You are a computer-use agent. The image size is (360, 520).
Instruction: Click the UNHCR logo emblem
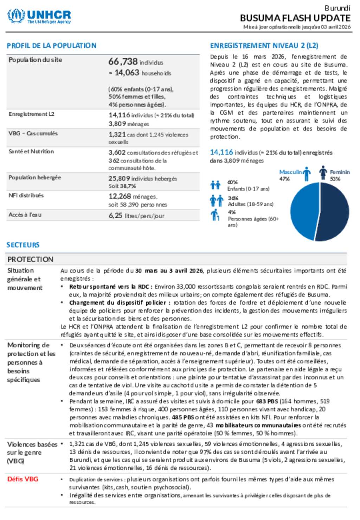(x=16, y=16)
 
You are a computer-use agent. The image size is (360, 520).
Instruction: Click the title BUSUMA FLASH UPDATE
(x=295, y=18)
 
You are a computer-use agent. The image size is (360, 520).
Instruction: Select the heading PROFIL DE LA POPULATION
(x=51, y=46)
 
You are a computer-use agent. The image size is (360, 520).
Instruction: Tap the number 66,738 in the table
(x=123, y=62)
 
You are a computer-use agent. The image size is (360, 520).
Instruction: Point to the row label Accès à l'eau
(x=25, y=215)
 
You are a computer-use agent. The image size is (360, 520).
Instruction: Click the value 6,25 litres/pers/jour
(x=136, y=216)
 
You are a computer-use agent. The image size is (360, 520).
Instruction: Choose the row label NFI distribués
(x=26, y=195)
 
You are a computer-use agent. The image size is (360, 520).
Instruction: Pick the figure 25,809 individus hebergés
(x=142, y=179)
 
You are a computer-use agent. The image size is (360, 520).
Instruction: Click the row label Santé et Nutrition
(x=31, y=152)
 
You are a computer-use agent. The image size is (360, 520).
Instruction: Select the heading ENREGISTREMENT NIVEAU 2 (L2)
(x=264, y=46)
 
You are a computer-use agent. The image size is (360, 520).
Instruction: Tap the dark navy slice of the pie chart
(x=335, y=212)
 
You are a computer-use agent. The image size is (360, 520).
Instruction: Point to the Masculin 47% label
(x=290, y=175)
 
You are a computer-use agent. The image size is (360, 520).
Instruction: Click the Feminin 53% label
(x=339, y=175)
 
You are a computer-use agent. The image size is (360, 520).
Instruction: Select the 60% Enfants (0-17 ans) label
(x=247, y=185)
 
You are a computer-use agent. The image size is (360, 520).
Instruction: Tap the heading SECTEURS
(x=23, y=245)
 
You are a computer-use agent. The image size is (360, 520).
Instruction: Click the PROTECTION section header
(x=30, y=259)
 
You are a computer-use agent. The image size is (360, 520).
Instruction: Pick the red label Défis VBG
(x=22, y=479)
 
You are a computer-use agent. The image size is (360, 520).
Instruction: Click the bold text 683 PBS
(x=267, y=401)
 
